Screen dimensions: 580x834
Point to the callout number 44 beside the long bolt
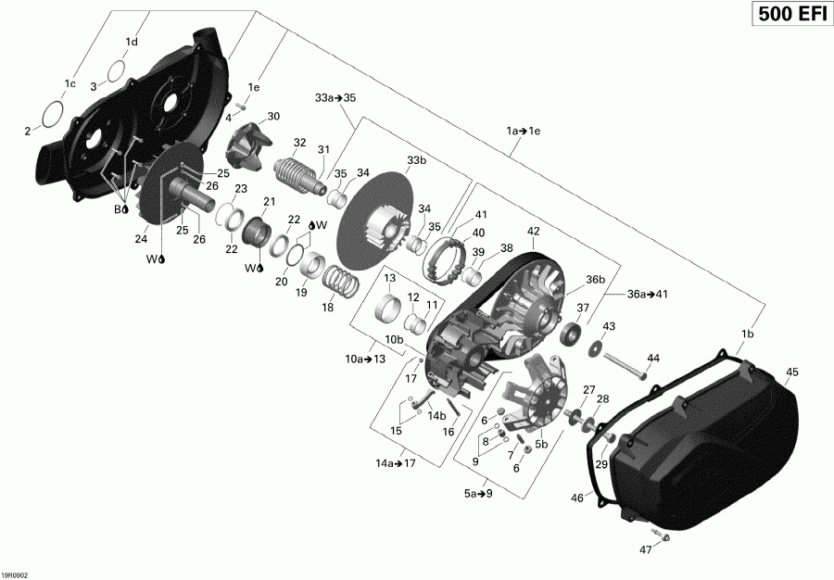(x=653, y=358)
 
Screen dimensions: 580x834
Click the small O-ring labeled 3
(x=115, y=70)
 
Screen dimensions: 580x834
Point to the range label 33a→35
(x=335, y=97)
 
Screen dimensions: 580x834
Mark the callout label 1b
(x=748, y=333)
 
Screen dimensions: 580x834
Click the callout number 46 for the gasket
(x=576, y=498)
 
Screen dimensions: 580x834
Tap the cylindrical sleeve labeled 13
(x=393, y=307)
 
